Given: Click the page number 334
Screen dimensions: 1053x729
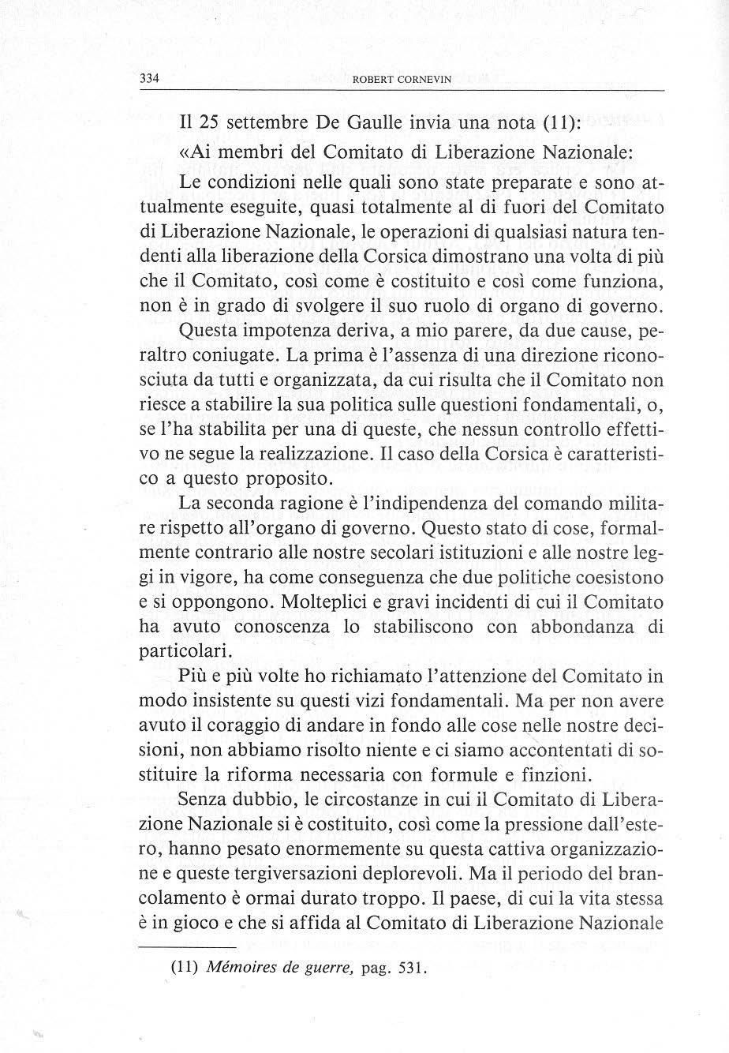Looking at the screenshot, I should (150, 78).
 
